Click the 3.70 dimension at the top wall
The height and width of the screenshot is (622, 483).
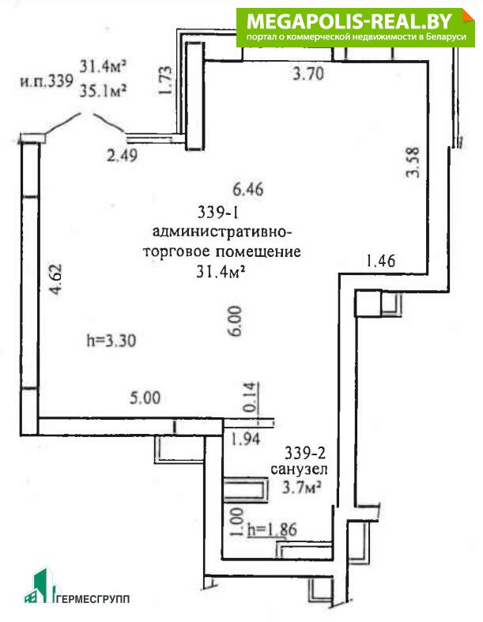[x=308, y=74]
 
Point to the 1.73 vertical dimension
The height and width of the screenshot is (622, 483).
[x=165, y=81]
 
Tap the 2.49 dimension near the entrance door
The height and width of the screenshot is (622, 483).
[x=123, y=154]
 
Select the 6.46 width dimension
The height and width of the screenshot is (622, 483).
[x=248, y=189]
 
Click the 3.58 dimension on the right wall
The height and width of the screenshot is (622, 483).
[x=413, y=162]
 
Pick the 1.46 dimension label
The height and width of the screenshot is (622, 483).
[x=380, y=261]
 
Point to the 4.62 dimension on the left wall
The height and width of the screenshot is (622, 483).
[x=55, y=280]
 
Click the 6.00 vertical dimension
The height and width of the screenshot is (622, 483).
[x=235, y=321]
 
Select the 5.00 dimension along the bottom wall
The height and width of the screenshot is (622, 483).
[x=145, y=398]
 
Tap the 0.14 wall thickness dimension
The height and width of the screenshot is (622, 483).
[x=251, y=397]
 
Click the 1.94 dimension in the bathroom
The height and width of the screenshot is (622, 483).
[x=246, y=439]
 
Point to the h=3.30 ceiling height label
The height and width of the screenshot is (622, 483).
[x=111, y=340]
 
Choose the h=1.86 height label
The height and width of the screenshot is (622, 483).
[x=272, y=530]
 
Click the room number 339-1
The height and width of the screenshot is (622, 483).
[x=218, y=213]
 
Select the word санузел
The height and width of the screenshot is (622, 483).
[x=299, y=469]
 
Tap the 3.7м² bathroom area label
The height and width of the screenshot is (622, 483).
[x=302, y=487]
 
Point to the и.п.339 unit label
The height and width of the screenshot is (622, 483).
[x=47, y=81]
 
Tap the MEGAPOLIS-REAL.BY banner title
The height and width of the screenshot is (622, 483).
[x=349, y=21]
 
